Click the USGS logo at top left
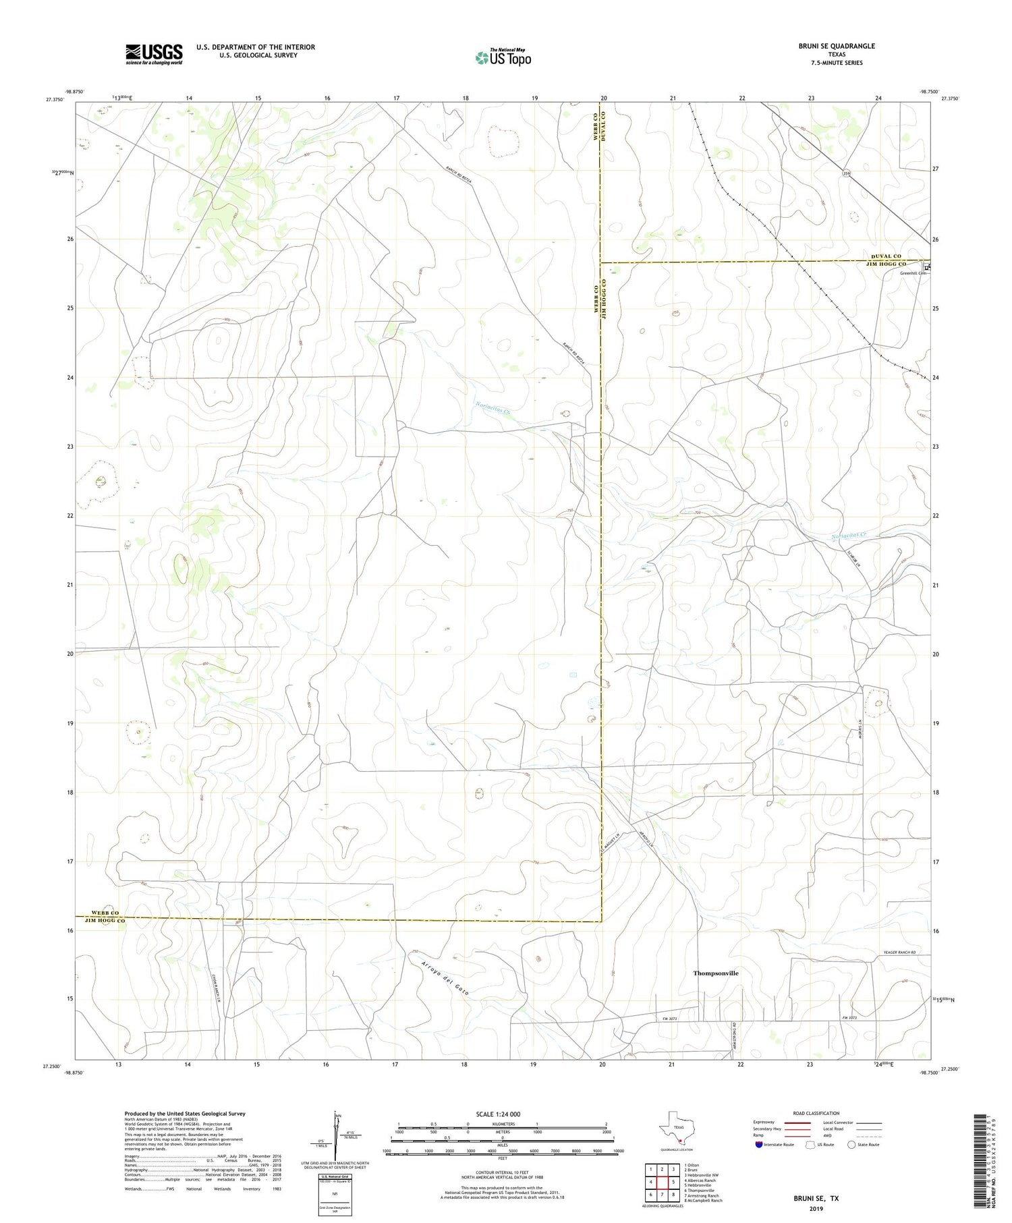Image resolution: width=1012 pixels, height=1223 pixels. (154, 54)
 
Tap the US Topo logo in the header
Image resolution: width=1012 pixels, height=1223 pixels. (503, 57)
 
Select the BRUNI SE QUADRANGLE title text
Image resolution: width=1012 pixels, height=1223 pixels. (837, 46)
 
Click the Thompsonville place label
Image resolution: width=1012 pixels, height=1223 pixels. (716, 973)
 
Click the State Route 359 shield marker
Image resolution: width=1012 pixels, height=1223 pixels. (846, 174)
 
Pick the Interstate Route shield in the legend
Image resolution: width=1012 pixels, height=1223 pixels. (759, 1144)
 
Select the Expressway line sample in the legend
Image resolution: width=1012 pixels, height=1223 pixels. (797, 1122)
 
